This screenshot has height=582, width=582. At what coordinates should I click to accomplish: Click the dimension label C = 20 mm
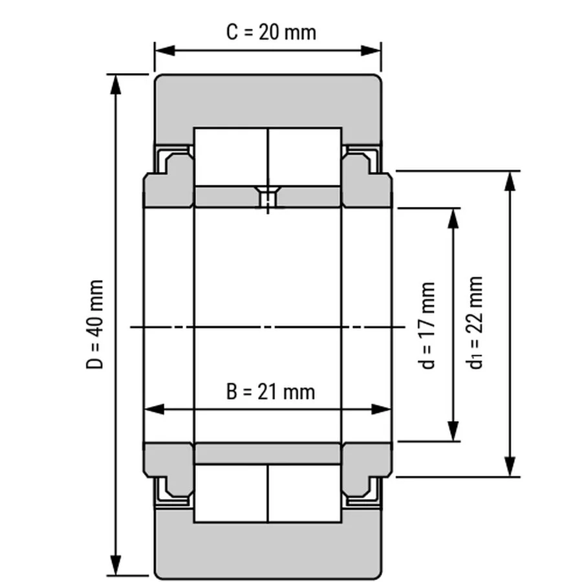(271, 32)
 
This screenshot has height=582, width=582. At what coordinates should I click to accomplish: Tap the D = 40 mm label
(96, 325)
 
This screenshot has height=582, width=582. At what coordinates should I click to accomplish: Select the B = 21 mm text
(270, 391)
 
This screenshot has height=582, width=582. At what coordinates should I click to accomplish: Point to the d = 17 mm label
(427, 325)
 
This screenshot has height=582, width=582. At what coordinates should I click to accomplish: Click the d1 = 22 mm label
(477, 322)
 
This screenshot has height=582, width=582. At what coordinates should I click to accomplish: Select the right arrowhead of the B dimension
(384, 409)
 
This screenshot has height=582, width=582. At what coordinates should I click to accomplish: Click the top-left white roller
(231, 157)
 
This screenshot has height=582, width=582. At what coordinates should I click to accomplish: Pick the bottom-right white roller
(305, 493)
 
